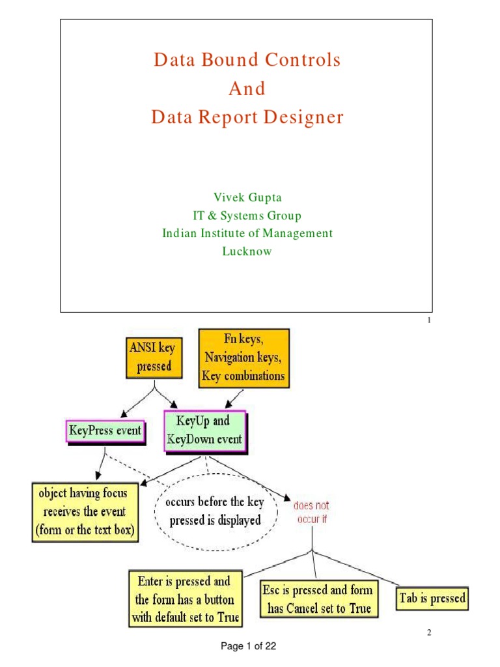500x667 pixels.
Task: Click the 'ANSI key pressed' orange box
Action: click(x=154, y=358)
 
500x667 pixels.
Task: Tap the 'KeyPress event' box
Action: click(x=105, y=431)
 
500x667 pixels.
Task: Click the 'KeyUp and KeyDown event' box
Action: click(x=205, y=431)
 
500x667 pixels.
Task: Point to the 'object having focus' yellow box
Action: click(x=85, y=511)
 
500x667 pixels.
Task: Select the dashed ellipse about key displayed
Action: click(x=214, y=511)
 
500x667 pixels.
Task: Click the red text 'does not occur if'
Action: click(x=311, y=511)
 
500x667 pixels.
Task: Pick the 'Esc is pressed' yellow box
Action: click(x=317, y=599)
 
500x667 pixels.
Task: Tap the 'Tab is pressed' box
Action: click(x=432, y=598)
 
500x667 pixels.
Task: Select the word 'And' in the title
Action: click(x=247, y=89)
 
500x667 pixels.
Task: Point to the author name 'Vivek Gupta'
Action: click(x=247, y=197)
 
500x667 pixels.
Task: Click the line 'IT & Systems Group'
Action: click(x=247, y=216)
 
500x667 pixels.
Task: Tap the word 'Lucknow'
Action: click(x=247, y=251)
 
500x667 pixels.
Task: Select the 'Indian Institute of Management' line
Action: click(x=247, y=233)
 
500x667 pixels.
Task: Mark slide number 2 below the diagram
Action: click(x=430, y=632)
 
